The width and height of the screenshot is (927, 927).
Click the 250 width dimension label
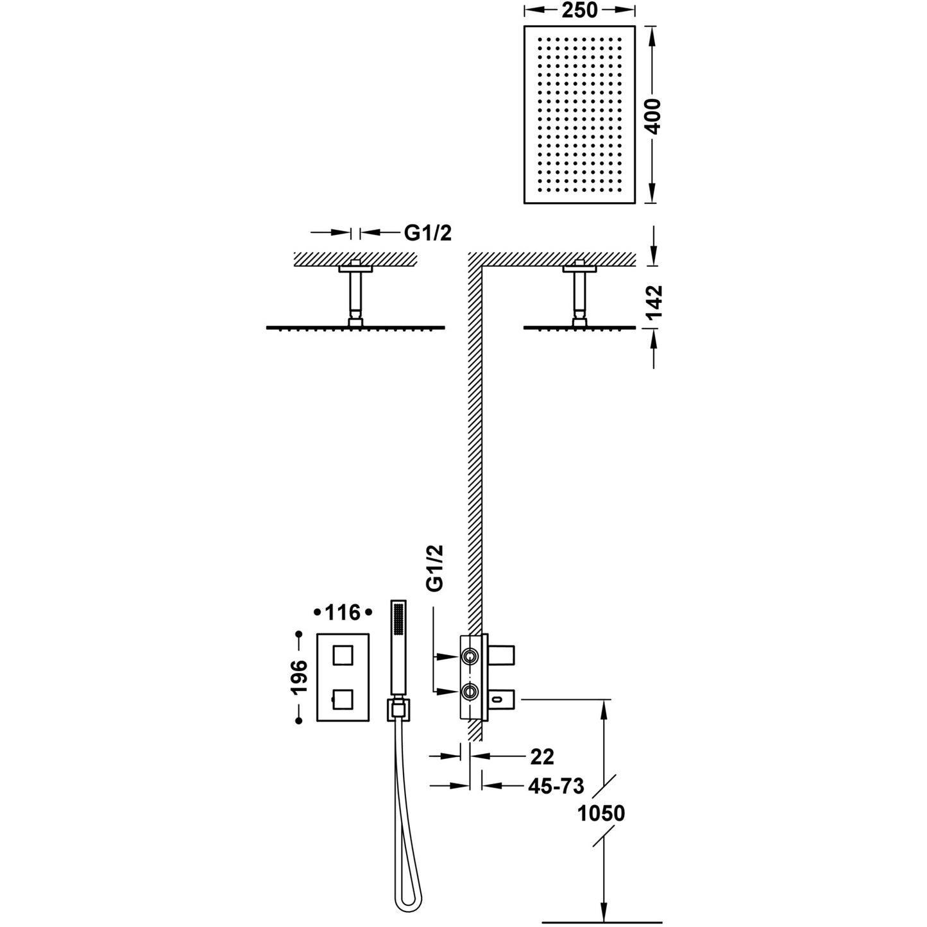tap(579, 10)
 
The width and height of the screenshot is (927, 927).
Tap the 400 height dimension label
tap(652, 116)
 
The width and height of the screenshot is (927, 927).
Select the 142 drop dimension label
tap(654, 303)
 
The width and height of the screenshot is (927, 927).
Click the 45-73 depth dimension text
tap(556, 786)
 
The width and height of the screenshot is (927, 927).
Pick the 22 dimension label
tap(542, 757)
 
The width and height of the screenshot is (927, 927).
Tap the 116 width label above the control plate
tap(343, 613)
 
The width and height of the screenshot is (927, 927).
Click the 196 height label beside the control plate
tap(299, 677)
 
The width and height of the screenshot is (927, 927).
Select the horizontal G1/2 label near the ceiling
tap(428, 233)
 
